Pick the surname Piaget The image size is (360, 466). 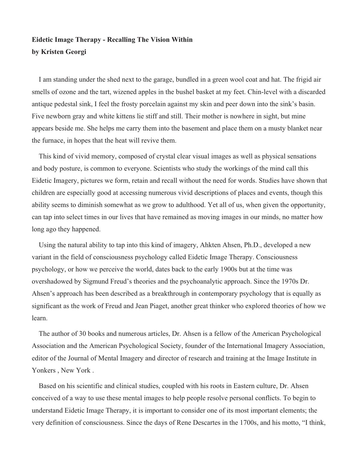click(155, 306)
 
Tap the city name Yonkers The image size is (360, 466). click(43, 371)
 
